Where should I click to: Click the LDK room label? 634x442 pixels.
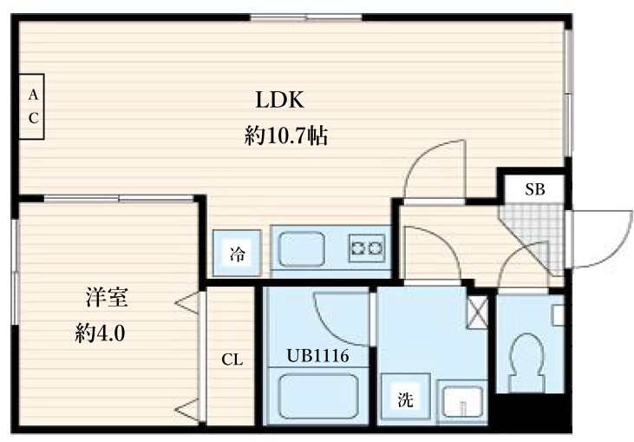[278, 99]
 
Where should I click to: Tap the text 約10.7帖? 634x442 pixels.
[286, 136]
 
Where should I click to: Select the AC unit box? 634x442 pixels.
[31, 106]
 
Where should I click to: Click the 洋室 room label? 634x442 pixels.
[107, 298]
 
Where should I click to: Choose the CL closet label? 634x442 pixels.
[231, 360]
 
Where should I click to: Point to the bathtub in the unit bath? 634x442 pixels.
[318, 395]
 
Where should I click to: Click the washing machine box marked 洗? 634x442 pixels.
[405, 400]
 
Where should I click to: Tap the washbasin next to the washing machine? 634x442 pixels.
[459, 402]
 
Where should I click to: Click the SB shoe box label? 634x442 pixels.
[534, 189]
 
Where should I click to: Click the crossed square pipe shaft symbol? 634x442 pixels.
[477, 310]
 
